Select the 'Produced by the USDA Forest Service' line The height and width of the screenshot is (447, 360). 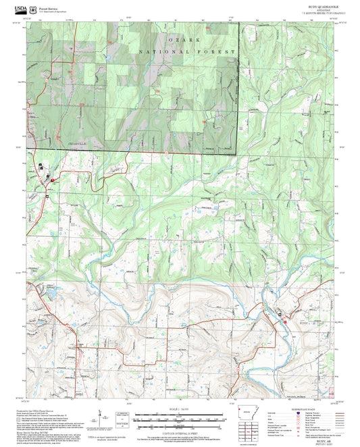[49, 411]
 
